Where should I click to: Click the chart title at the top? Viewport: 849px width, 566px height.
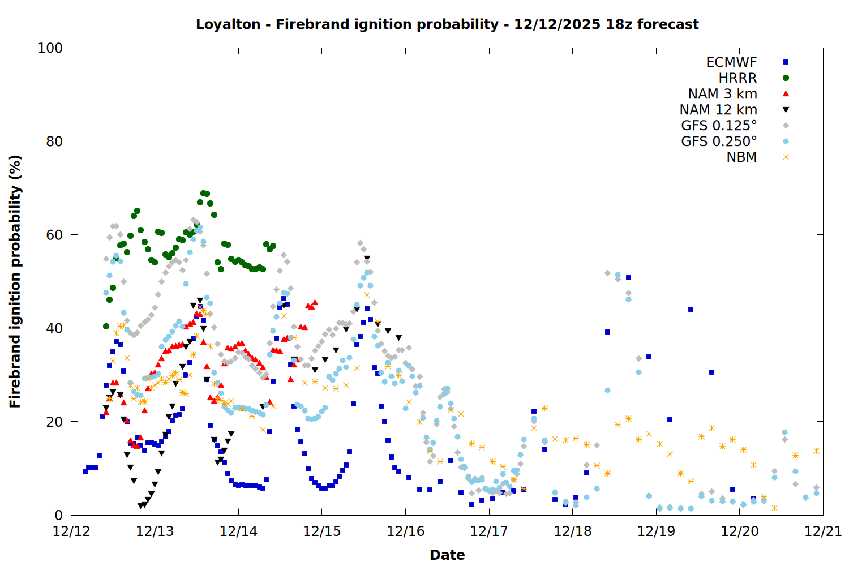tap(447, 24)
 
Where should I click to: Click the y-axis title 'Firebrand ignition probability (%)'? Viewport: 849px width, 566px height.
tap(15, 281)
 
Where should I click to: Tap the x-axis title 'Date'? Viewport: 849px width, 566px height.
tap(447, 555)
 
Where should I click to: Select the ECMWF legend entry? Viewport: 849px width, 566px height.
tap(731, 62)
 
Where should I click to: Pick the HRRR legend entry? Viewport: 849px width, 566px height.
tap(737, 78)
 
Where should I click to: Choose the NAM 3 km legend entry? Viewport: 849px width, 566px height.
tap(722, 94)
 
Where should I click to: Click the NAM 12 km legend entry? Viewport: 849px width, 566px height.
tap(718, 110)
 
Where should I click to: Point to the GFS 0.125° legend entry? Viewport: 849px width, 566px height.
tap(719, 126)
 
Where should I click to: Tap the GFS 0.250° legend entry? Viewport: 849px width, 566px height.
tap(719, 141)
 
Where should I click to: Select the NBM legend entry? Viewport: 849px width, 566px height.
tap(741, 157)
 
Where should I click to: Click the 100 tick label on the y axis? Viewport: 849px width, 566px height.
tap(50, 48)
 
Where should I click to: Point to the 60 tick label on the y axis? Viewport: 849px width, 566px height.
tap(54, 235)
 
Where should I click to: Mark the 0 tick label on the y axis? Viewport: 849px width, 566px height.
tap(58, 515)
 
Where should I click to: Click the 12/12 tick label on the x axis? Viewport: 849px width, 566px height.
tap(71, 531)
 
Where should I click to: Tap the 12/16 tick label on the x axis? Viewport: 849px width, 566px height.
tap(405, 531)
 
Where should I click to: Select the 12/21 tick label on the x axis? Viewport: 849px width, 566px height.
tap(823, 531)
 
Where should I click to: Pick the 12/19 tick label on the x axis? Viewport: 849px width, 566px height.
tap(656, 531)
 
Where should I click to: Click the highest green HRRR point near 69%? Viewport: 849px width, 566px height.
tap(203, 194)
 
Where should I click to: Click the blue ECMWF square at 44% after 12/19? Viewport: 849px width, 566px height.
tap(691, 309)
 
